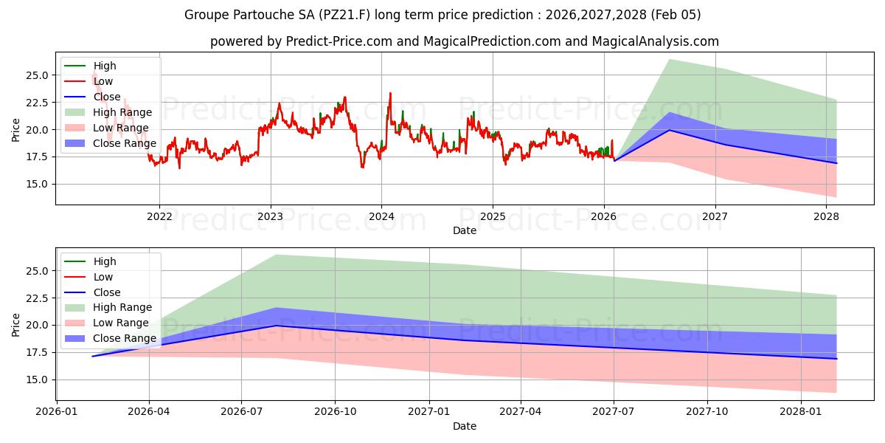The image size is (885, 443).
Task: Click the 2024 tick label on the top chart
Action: (x=381, y=216)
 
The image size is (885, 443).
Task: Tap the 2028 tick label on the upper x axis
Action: (x=826, y=216)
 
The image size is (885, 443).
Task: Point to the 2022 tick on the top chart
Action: (x=159, y=216)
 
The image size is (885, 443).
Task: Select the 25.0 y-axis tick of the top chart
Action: (x=37, y=75)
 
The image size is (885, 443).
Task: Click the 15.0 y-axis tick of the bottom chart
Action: (x=37, y=380)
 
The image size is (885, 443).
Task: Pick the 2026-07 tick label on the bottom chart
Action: (x=242, y=411)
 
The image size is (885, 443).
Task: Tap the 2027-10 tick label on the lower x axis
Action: (x=707, y=411)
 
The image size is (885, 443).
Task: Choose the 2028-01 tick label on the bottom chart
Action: (x=800, y=411)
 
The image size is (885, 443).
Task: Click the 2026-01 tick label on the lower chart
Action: (x=57, y=411)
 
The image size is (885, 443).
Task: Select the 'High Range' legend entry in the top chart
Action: (x=122, y=112)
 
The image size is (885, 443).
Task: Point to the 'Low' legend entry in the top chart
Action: (x=103, y=81)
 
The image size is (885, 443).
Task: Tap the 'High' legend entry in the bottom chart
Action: (x=105, y=261)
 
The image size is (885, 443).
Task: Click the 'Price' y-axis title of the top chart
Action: (x=16, y=129)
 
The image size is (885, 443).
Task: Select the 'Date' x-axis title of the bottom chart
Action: (x=465, y=426)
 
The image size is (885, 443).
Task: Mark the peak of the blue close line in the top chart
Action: (x=670, y=130)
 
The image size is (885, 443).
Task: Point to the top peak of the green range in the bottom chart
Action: (x=276, y=255)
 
